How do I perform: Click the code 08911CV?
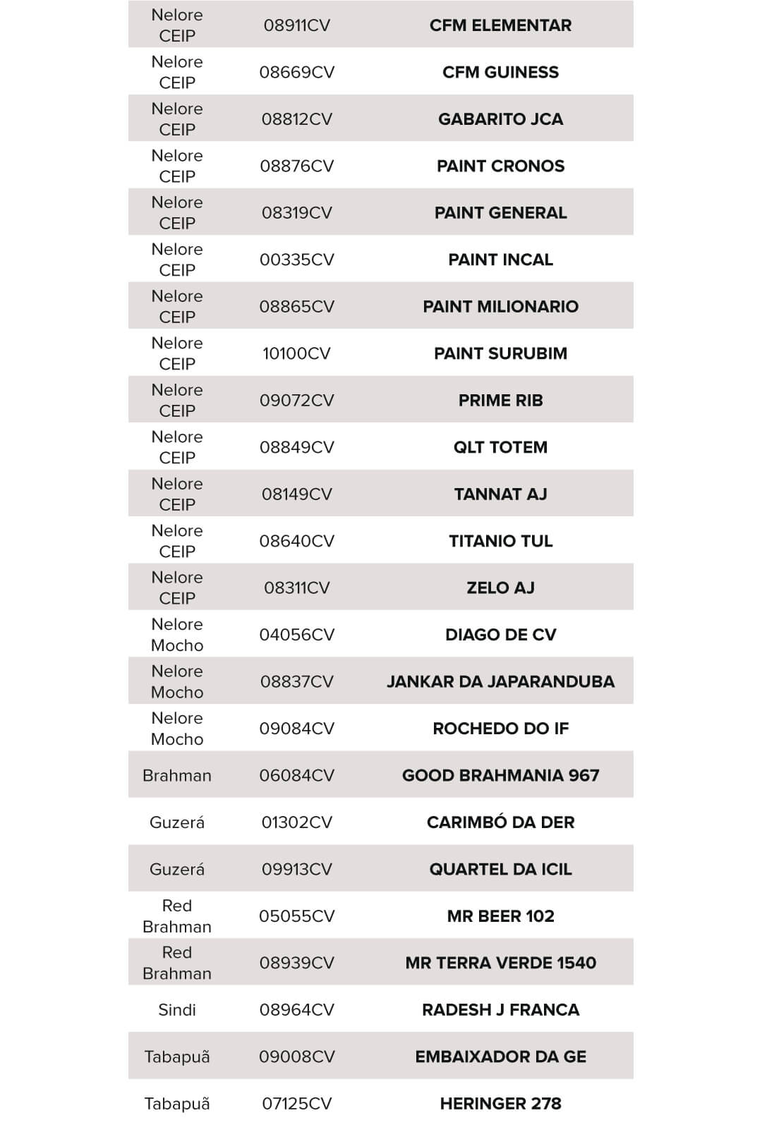[296, 25]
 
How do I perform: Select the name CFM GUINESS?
[500, 72]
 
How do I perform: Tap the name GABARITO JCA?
[500, 119]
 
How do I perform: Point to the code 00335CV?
[296, 260]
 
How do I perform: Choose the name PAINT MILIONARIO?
[500, 307]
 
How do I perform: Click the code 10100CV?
[296, 353]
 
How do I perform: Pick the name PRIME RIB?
[500, 401]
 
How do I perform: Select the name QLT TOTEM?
[500, 447]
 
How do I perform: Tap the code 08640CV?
[296, 541]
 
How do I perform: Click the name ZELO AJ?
[500, 588]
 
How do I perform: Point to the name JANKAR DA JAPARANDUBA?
[500, 681]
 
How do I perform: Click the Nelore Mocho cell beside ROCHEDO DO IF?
[177, 729]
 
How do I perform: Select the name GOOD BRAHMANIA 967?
[500, 775]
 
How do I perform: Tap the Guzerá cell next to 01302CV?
[177, 822]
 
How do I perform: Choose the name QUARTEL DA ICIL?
[500, 869]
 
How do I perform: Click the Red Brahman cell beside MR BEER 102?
[177, 916]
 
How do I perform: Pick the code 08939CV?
[296, 963]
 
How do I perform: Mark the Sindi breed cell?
[177, 1010]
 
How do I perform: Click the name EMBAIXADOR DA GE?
[500, 1057]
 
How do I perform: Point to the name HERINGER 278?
[500, 1104]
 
